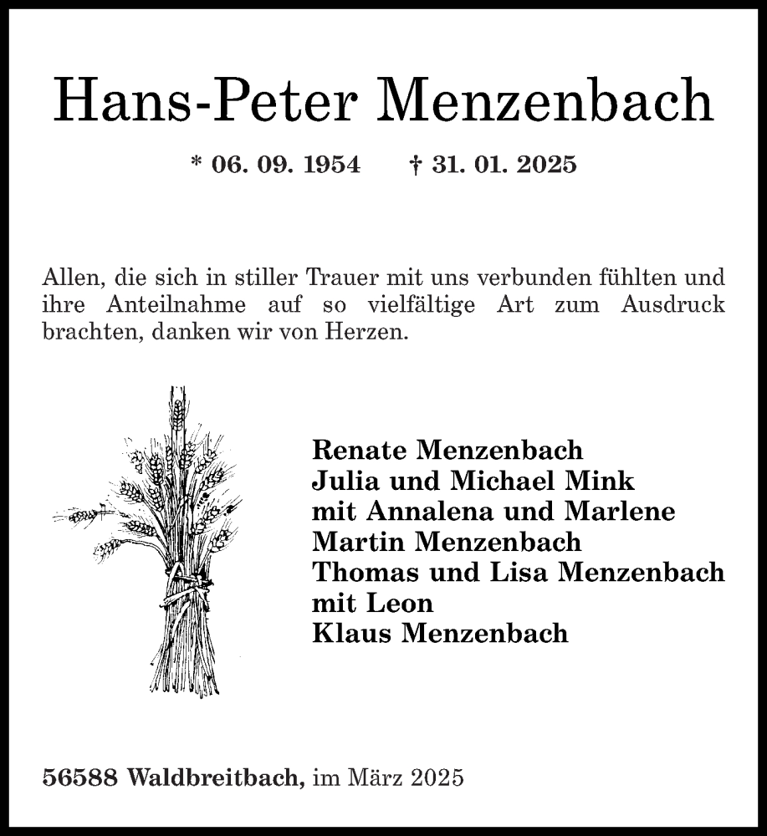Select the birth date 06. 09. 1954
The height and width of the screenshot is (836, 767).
285,165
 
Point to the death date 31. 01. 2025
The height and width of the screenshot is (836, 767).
504,165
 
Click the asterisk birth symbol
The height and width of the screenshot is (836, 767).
197,163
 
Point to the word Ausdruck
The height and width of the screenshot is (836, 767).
672,304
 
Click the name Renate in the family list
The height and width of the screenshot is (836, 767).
359,450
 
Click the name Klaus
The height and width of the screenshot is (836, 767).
351,633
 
